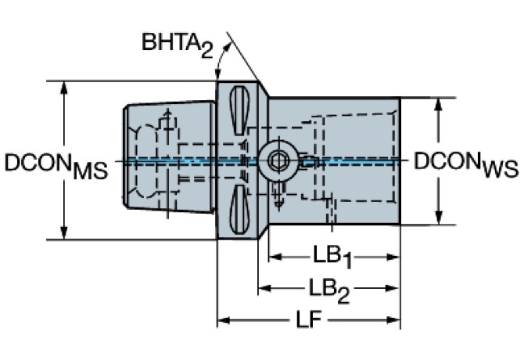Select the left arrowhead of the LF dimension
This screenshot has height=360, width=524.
[223, 320]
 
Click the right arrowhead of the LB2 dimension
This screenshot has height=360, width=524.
[396, 288]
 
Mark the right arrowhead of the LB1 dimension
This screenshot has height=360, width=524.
[396, 257]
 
